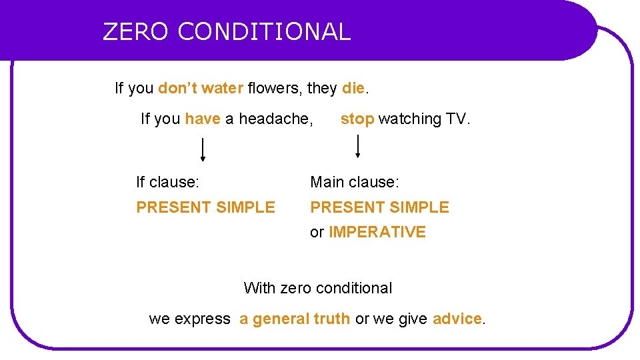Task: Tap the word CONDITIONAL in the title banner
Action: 264,31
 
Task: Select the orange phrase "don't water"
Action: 201,88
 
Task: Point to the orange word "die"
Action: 353,88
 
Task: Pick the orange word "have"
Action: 203,119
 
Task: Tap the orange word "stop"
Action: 357,119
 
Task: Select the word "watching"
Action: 410,119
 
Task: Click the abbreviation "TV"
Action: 456,119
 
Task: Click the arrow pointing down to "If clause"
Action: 203,149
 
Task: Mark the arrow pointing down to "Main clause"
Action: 358,146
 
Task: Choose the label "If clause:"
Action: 168,182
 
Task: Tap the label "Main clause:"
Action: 355,182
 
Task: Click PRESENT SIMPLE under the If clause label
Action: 205,207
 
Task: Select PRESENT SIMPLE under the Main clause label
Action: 380,207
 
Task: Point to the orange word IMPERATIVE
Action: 377,232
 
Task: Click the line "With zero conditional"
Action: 318,288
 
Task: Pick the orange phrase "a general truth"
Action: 295,319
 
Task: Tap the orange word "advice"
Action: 457,319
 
